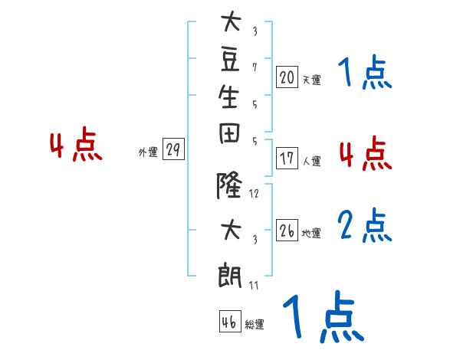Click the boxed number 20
point(287,77)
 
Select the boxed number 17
point(287,159)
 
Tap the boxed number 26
point(287,231)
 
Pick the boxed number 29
point(173,150)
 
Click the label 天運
point(311,80)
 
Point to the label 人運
point(311,162)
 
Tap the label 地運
point(311,234)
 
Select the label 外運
point(148,152)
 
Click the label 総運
point(255,325)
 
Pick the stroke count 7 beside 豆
point(255,67)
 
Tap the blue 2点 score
point(365,227)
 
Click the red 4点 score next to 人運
point(365,154)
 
